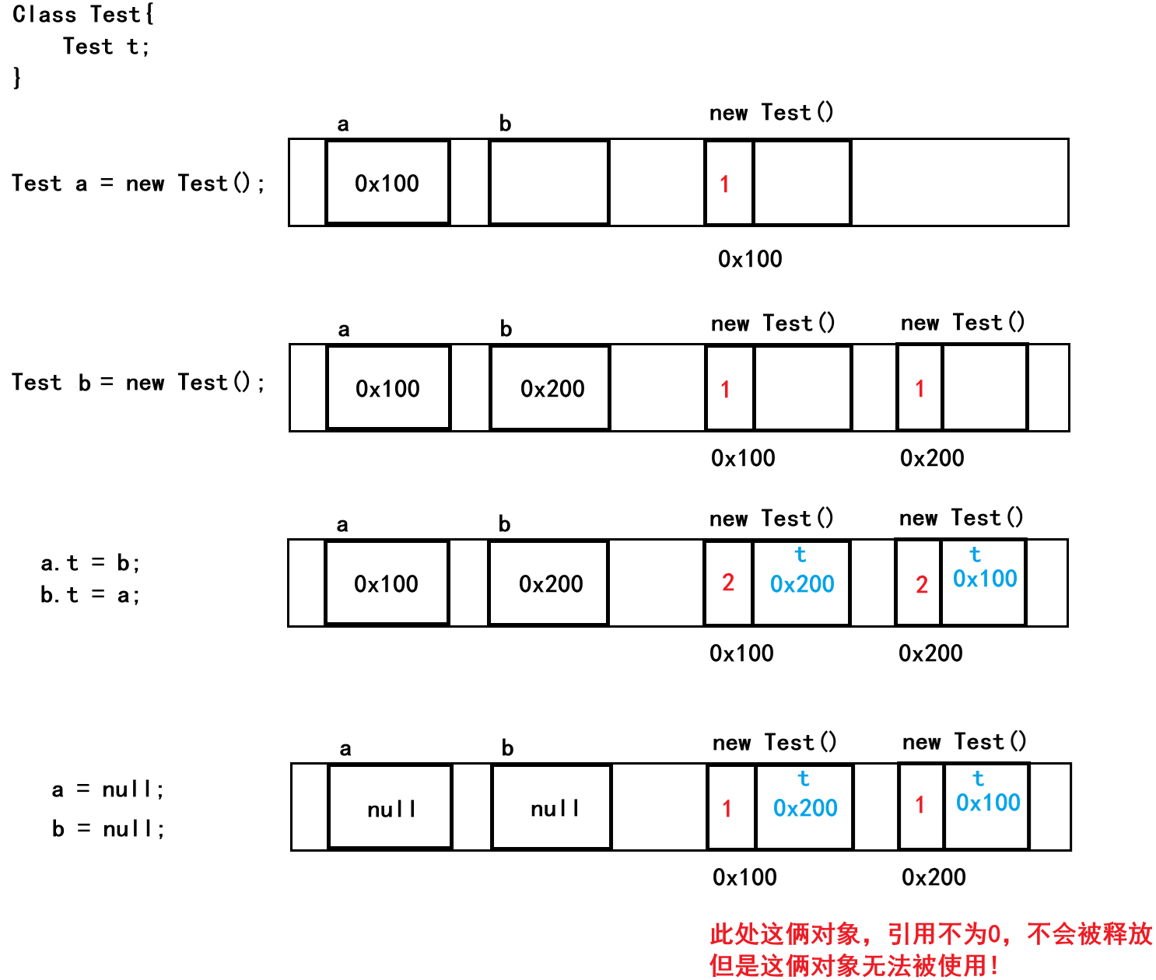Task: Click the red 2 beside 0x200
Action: pyautogui.click(x=728, y=582)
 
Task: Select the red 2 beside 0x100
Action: pyautogui.click(x=922, y=585)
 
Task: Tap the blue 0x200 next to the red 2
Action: pyautogui.click(x=802, y=584)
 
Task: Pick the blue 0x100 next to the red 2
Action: pyautogui.click(x=985, y=579)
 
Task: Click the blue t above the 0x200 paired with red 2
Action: pyautogui.click(x=800, y=555)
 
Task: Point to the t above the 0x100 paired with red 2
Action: pyautogui.click(x=976, y=555)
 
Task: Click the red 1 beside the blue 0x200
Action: pyautogui.click(x=727, y=810)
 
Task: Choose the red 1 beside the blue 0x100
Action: pyautogui.click(x=920, y=806)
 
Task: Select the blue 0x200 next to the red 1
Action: pyautogui.click(x=805, y=808)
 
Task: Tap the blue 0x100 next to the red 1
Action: pyautogui.click(x=988, y=803)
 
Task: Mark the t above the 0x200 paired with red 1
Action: pyautogui.click(x=804, y=779)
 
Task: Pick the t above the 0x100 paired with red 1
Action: pyautogui.click(x=979, y=779)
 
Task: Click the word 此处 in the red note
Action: pyautogui.click(x=734, y=934)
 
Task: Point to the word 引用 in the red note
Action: pyautogui.click(x=912, y=934)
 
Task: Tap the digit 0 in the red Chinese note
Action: pyautogui.click(x=993, y=934)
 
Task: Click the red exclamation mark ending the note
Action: pyautogui.click(x=994, y=966)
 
